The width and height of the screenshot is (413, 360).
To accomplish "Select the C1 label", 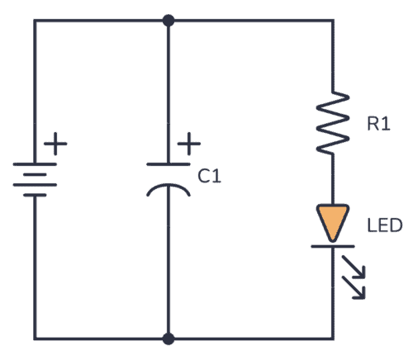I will coord(210,176).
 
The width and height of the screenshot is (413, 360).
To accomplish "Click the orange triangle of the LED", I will coord(333,221).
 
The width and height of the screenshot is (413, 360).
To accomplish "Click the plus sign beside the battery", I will coord(55,146).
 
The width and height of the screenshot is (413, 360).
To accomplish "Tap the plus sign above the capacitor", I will coord(188,145).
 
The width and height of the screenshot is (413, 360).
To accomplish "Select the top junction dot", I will coord(169,20).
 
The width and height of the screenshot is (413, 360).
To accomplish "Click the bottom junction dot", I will coord(169,339).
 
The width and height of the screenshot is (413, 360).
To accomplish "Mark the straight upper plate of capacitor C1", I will coord(169,166).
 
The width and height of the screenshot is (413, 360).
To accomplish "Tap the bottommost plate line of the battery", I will coord(34,197).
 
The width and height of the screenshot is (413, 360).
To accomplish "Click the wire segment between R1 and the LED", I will coord(333,178).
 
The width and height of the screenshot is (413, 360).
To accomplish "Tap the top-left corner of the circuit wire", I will coord(34,20).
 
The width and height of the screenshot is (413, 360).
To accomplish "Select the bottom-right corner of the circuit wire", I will coord(333,339).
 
